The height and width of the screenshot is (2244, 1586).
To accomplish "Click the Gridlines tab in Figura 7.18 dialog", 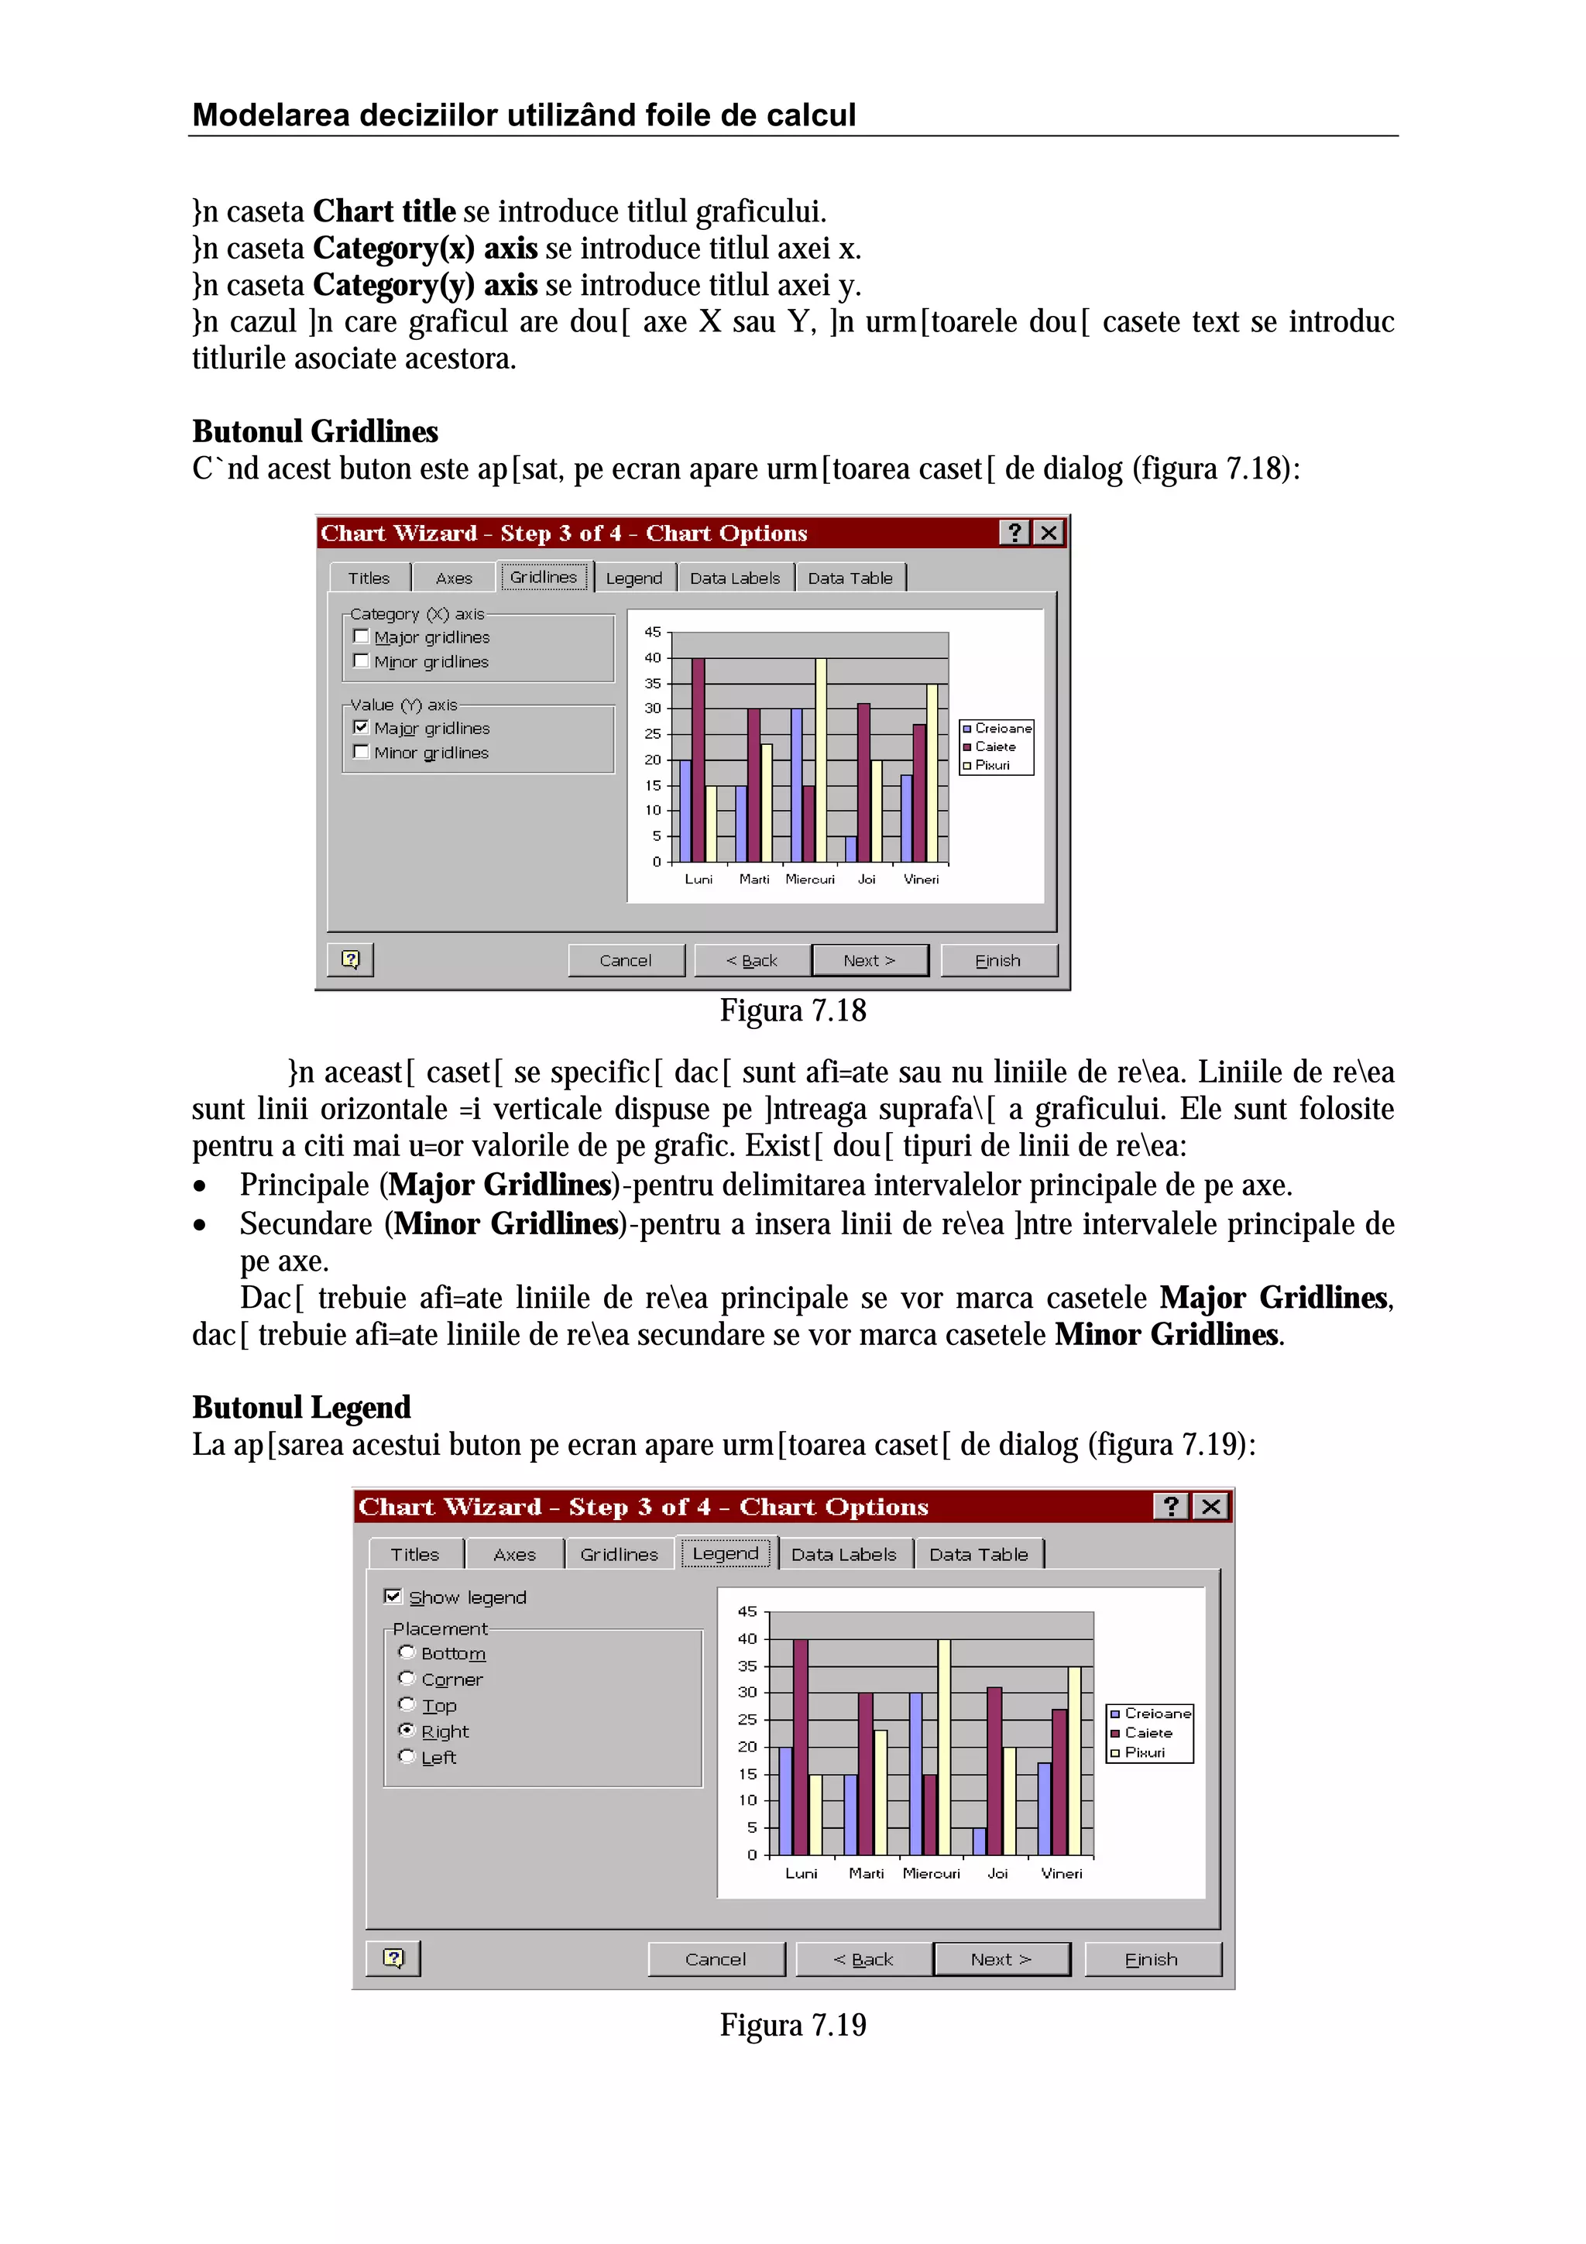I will pos(544,578).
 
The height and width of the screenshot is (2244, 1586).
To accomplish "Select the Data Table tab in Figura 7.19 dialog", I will pos(978,1555).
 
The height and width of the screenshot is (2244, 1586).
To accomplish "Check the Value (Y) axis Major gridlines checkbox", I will pos(361,727).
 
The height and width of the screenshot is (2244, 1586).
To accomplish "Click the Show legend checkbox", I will pos(393,1597).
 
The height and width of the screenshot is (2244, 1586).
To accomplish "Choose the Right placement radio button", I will pos(407,1731).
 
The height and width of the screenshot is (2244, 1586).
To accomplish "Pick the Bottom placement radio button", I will pos(407,1652).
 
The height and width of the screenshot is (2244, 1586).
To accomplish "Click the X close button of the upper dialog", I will pos(1049,533).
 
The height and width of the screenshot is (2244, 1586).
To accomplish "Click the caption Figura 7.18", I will pos(792,1011).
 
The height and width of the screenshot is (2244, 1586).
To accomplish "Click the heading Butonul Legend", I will pos(301,1408).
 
